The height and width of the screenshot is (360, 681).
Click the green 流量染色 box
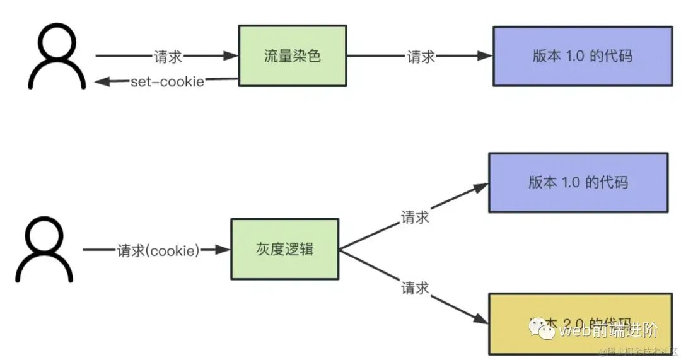point(292,55)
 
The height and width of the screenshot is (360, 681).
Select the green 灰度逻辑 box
point(284,250)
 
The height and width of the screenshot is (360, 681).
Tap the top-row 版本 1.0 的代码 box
point(582,55)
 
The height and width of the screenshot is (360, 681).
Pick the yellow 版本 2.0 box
point(580,323)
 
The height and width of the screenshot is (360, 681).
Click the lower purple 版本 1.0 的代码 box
point(578,182)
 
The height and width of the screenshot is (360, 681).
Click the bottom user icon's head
point(45,236)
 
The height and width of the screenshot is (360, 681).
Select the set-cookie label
point(167,82)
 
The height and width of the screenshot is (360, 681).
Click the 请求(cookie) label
point(158,250)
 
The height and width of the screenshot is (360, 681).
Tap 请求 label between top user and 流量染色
point(168,56)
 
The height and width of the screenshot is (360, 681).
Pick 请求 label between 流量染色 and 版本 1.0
point(421,56)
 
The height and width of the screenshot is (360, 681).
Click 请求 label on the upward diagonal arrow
point(415,217)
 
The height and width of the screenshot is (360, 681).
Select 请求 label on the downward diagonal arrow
point(415,288)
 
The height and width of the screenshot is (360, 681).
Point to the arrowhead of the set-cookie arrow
point(102,81)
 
